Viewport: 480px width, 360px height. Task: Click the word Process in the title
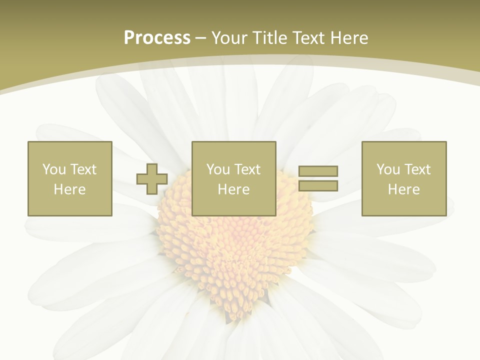coord(157,38)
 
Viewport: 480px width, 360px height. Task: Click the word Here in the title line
coord(351,38)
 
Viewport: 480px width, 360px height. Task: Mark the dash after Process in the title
coord(201,38)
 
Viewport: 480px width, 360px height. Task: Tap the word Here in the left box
coord(69,189)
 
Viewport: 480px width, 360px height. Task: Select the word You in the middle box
coord(218,169)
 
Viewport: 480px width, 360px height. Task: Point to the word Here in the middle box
coord(233,189)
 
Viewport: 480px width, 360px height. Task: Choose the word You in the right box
coord(388,169)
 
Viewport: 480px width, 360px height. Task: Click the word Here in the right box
coord(403,189)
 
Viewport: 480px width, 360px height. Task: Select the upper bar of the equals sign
coord(318,171)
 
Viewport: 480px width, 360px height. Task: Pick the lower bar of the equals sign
coord(318,186)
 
